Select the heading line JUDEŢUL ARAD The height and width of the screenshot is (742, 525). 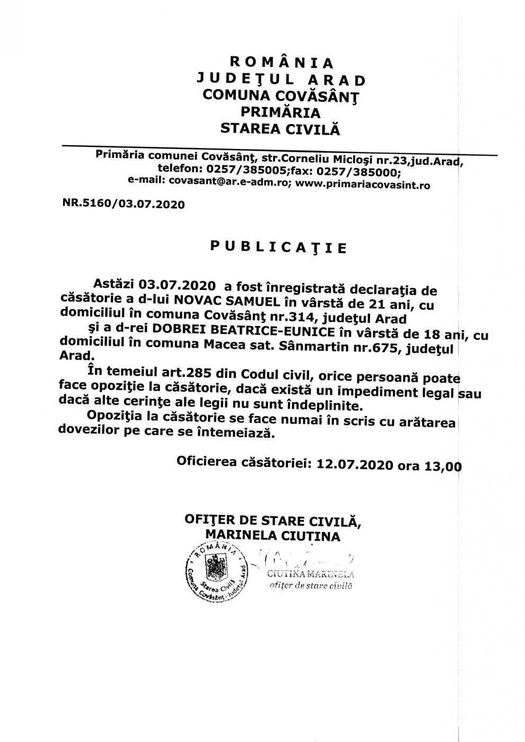click(281, 79)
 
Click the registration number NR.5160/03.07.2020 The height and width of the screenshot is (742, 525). click(124, 204)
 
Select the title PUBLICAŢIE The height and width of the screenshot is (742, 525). click(278, 247)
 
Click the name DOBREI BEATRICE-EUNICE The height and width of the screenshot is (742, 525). click(243, 332)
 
